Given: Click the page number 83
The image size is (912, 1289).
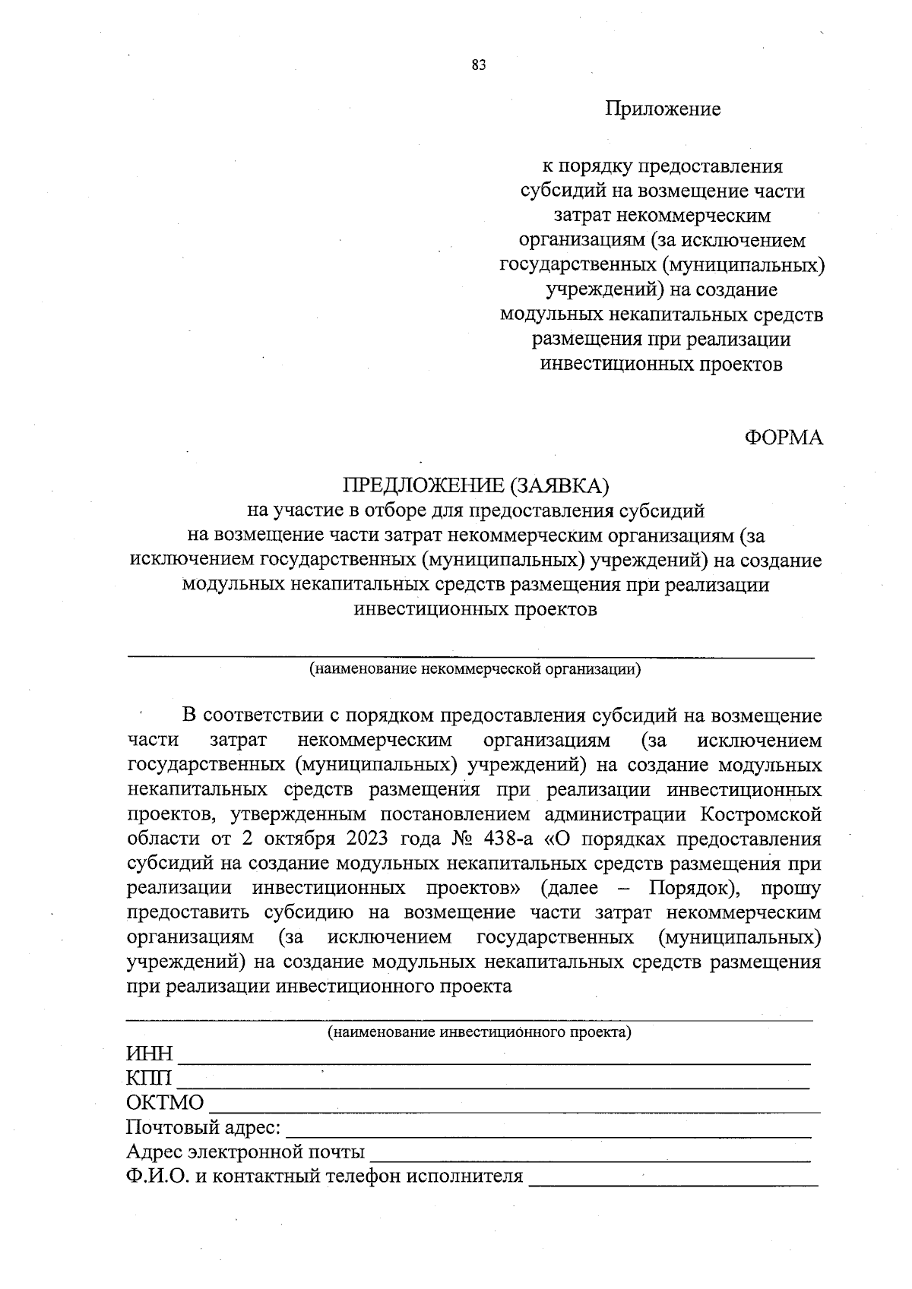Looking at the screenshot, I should coord(478,65).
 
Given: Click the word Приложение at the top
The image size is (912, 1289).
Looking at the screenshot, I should coord(662,109).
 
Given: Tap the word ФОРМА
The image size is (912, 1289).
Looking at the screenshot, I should coord(783,438).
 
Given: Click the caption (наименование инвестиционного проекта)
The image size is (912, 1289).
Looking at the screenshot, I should coord(479,1033).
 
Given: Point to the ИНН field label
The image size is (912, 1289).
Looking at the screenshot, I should coord(149,1055).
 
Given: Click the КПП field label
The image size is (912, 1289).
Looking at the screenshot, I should coord(148,1079).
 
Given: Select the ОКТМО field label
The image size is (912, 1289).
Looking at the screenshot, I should coord(164,1104).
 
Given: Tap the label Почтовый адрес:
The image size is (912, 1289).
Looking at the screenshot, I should coord(203,1128).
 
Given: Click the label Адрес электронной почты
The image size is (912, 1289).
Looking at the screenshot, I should coord(245,1152).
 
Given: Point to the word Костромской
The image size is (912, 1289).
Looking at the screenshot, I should coord(761,815).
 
